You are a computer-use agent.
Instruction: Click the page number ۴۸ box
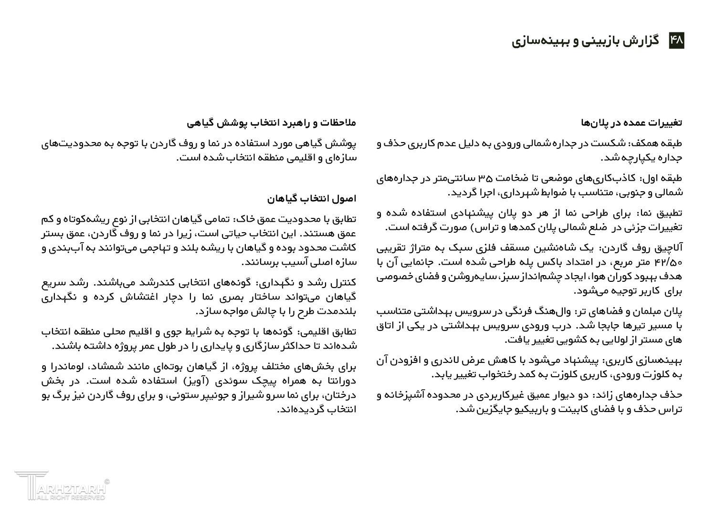point(676,41)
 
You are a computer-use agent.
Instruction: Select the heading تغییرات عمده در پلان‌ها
point(631,123)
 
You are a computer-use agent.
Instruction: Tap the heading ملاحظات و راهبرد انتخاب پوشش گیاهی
point(272,123)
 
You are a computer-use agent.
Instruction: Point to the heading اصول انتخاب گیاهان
point(312,198)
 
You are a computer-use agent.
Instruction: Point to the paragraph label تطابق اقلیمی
point(329,332)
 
